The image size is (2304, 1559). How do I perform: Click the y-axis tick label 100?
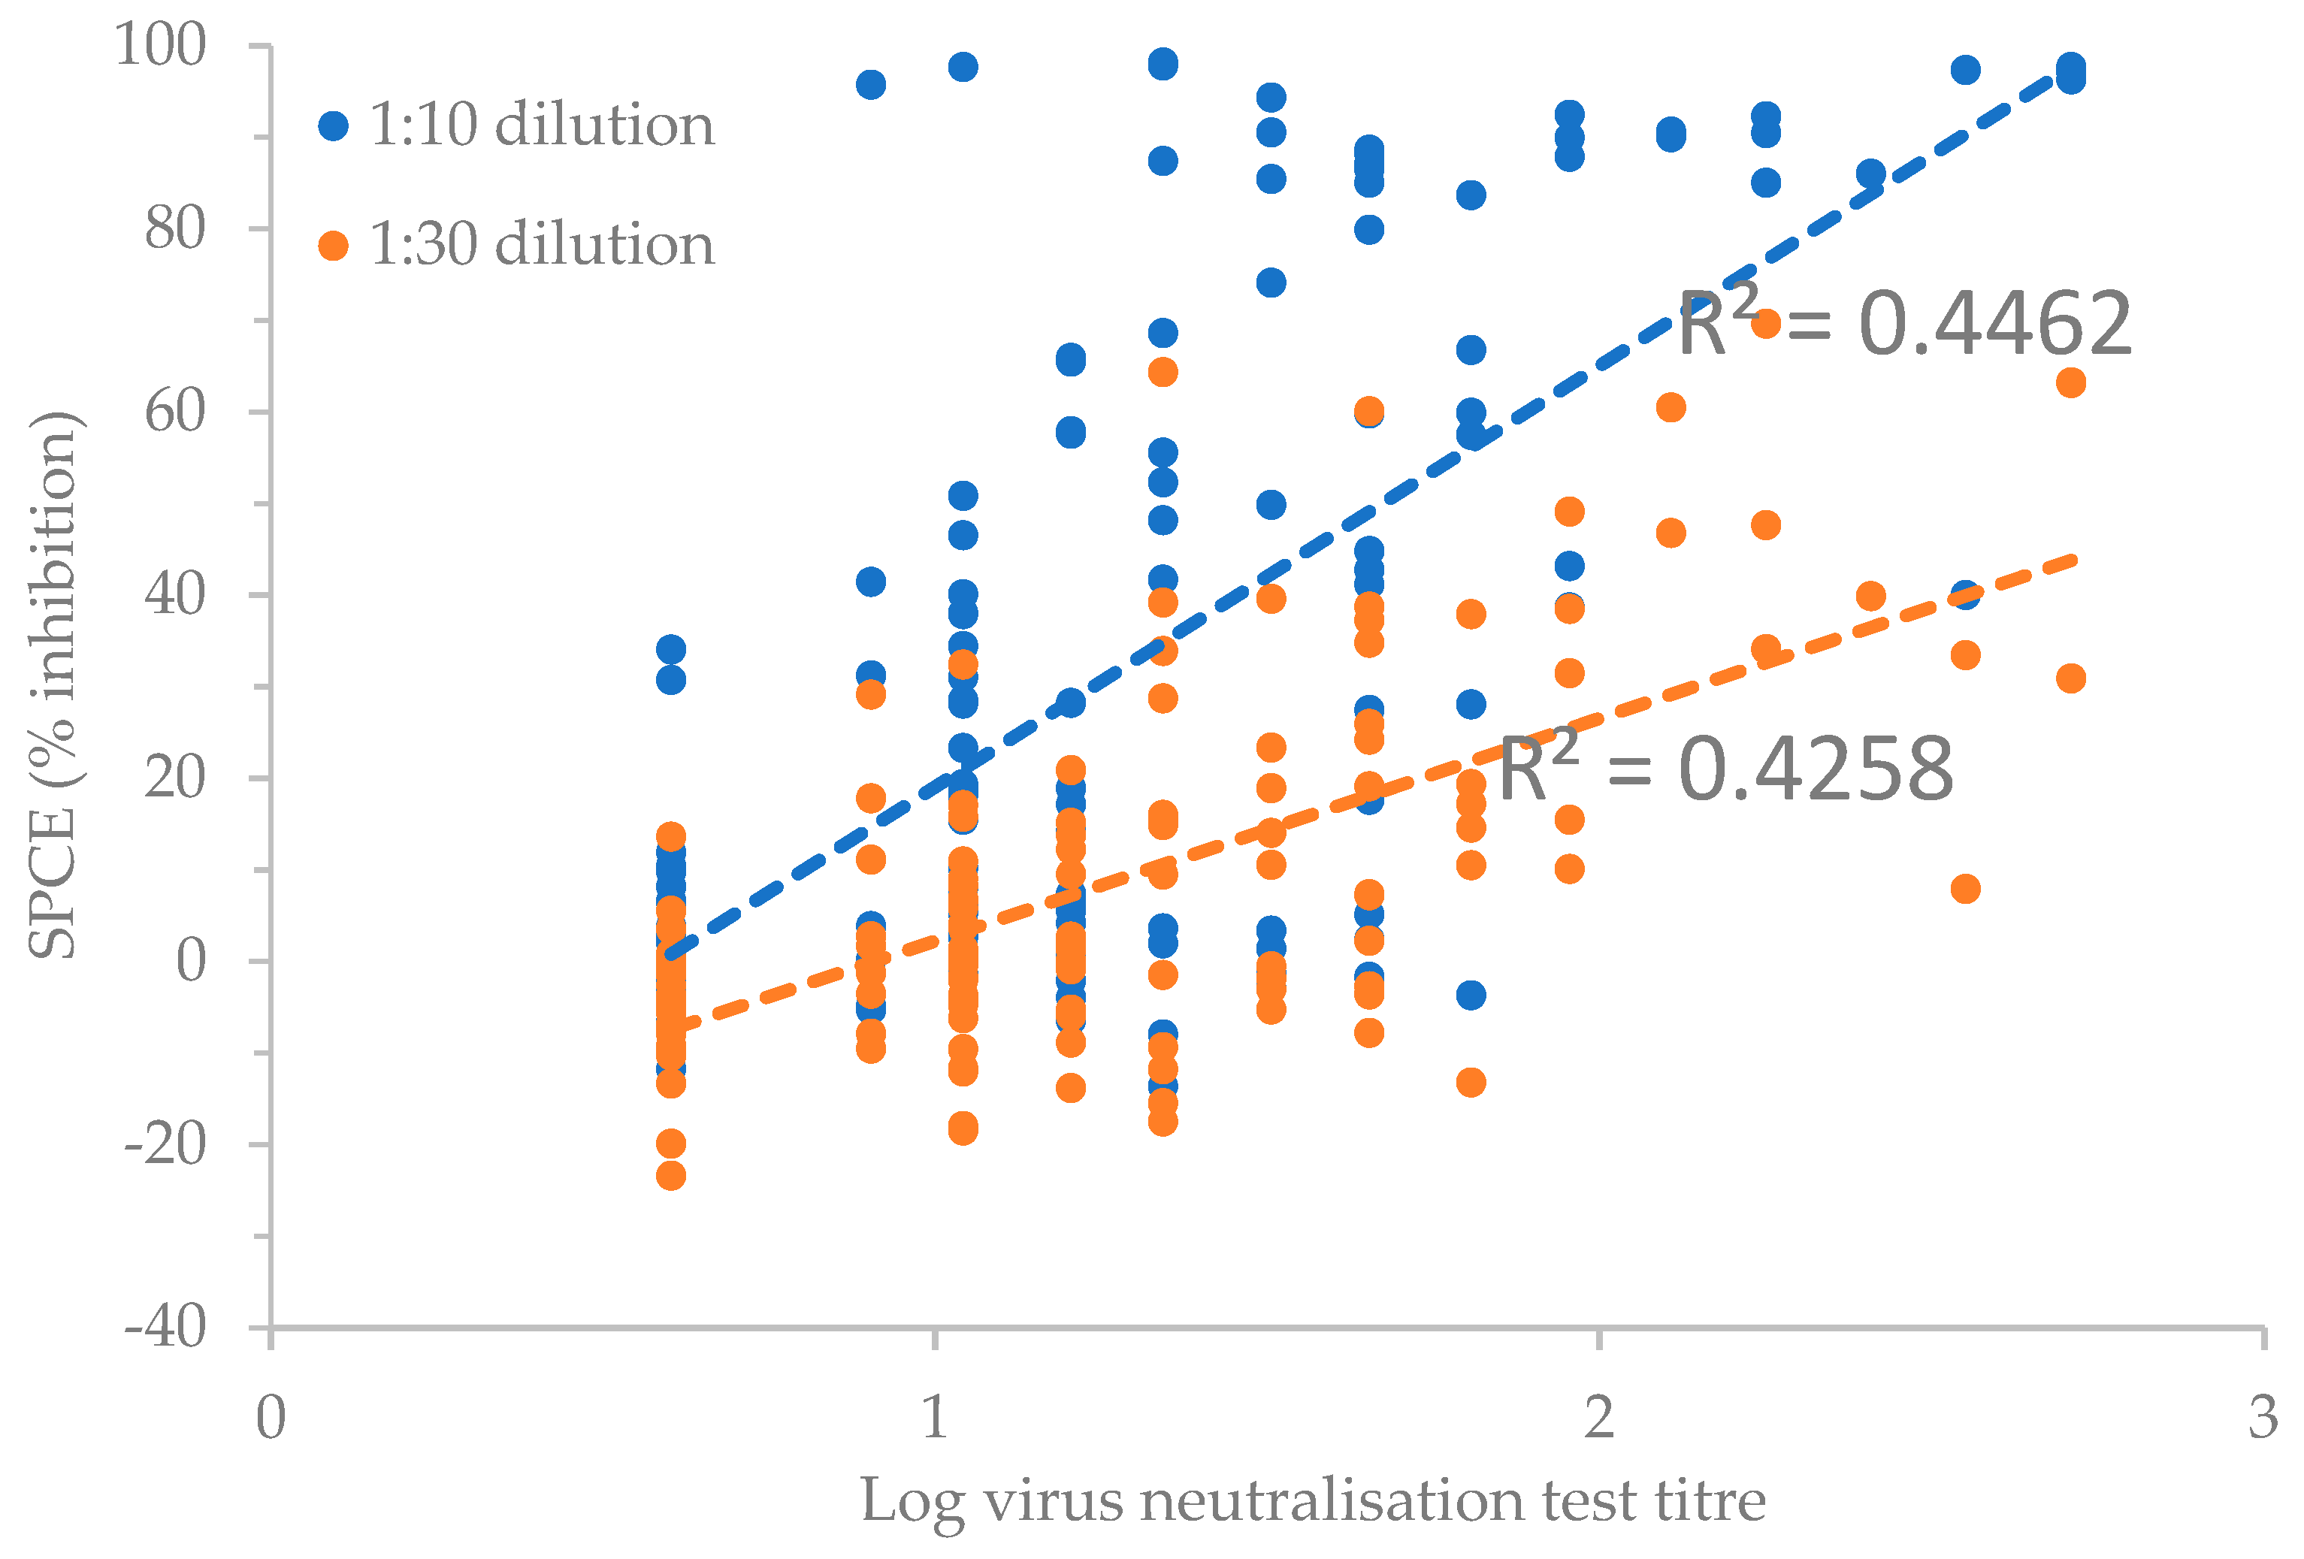tap(159, 46)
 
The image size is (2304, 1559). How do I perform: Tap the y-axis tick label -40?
tap(165, 1327)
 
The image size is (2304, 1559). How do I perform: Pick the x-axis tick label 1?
tap(934, 1417)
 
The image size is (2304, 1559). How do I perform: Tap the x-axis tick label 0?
tap(271, 1417)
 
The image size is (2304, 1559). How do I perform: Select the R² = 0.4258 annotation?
tap(1725, 769)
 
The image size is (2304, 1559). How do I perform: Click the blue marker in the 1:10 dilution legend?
tap(333, 126)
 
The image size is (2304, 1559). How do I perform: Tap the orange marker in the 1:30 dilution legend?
tap(333, 245)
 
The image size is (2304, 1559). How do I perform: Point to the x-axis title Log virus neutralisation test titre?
tap(1313, 1500)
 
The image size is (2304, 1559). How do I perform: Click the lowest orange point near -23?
tap(671, 1175)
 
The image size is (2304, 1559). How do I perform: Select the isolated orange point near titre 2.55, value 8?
tap(1965, 889)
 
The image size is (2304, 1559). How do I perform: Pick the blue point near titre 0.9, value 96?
tap(870, 84)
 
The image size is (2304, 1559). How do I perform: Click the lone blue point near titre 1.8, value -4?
tap(1471, 994)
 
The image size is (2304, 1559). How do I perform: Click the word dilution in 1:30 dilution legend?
tap(605, 245)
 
